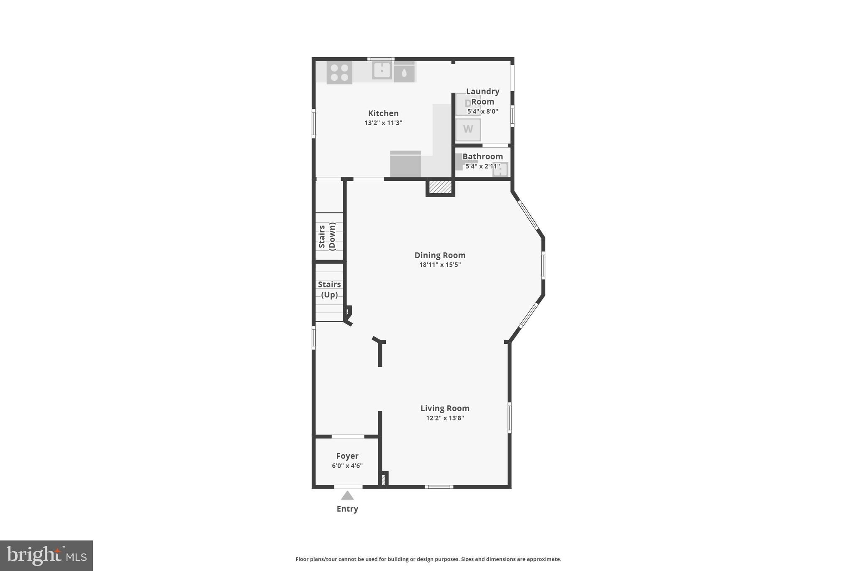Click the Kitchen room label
(x=383, y=113)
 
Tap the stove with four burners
(x=339, y=72)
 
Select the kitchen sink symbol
(x=382, y=70)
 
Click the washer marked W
(x=468, y=129)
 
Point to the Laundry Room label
(x=482, y=96)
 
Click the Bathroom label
(x=482, y=156)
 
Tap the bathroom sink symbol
(x=500, y=169)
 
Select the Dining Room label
(x=440, y=255)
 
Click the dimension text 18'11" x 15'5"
(x=440, y=265)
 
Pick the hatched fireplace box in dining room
(x=440, y=187)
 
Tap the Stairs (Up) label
(x=329, y=289)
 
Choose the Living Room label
(x=445, y=408)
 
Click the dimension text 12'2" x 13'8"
(x=445, y=418)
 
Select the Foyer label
(x=347, y=456)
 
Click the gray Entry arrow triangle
(x=347, y=496)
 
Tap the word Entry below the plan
(x=347, y=509)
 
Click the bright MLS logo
(x=46, y=556)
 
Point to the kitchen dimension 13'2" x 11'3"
(x=383, y=123)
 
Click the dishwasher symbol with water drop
(x=404, y=73)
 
